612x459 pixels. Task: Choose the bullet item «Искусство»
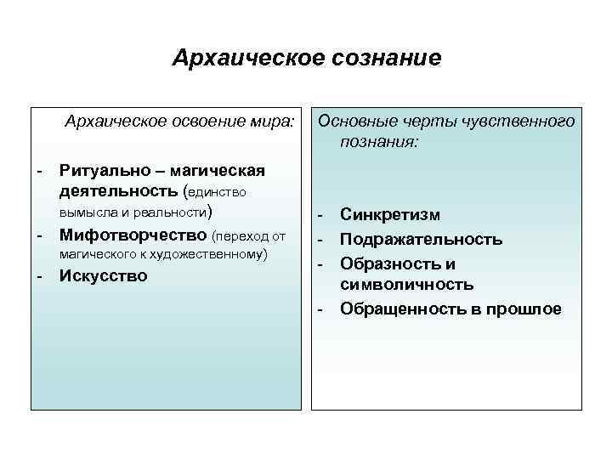click(103, 275)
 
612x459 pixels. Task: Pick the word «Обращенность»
click(402, 308)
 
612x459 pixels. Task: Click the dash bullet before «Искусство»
click(40, 275)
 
